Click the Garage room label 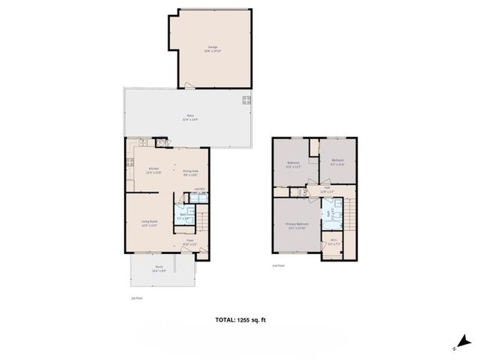point(213,47)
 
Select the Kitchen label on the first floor point(154,170)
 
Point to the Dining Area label point(190,172)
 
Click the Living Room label point(149,222)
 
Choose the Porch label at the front point(159,268)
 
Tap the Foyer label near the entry point(190,242)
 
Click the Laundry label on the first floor point(200,189)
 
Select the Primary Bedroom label point(297,226)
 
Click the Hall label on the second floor point(328,192)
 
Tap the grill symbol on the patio point(246,100)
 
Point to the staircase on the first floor point(201,222)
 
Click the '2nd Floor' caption point(279,265)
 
